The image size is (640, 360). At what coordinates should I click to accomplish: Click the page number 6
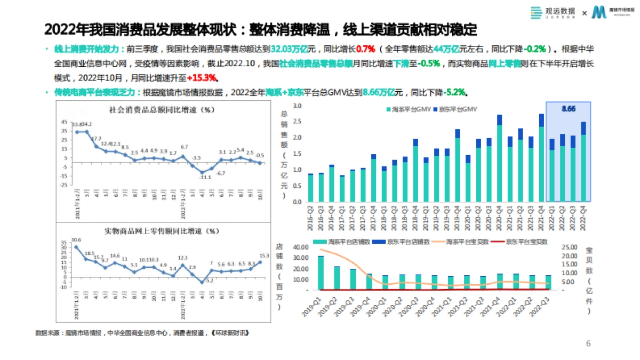coord(588,343)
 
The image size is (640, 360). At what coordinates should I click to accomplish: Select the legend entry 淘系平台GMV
coord(404,109)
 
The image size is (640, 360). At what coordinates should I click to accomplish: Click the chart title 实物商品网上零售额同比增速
coord(161,231)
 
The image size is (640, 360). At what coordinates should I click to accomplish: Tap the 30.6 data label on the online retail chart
coord(76,239)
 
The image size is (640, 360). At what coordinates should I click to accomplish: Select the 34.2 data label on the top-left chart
coord(86,124)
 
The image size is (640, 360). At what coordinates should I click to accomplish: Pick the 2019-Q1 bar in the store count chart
coord(321,273)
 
